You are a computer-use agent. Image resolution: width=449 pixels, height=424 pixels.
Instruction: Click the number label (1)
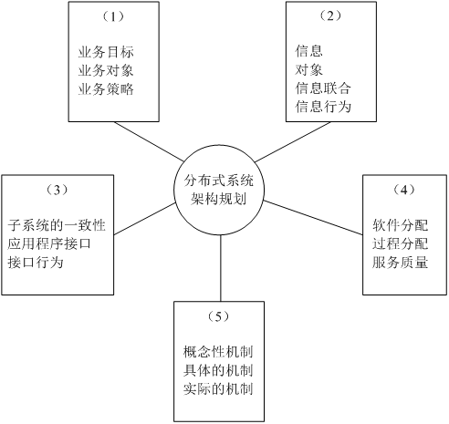point(107,17)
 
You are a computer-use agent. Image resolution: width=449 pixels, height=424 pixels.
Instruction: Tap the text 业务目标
point(107,52)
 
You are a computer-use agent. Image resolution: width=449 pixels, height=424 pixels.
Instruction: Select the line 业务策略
point(107,88)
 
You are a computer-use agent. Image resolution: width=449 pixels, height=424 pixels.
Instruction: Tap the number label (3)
point(57,190)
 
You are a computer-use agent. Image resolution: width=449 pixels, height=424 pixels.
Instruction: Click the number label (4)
point(402,190)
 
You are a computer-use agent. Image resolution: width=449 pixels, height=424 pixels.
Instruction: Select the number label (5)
point(218,315)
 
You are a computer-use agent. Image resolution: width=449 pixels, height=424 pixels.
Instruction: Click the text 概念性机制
point(218,352)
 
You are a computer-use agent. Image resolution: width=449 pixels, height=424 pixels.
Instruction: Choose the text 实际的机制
point(218,388)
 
